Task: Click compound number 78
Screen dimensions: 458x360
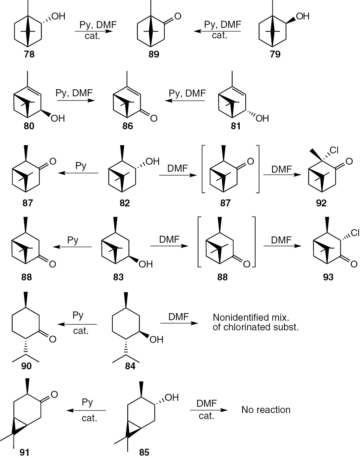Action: tap(29, 54)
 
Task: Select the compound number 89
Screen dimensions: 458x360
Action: tap(154, 54)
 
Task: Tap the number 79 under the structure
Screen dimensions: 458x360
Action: tap(275, 54)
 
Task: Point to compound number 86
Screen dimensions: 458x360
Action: tap(128, 126)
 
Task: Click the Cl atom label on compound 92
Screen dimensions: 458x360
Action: tap(334, 150)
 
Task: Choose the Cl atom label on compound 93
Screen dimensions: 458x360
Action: tap(355, 233)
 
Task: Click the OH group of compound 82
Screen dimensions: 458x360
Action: tap(152, 161)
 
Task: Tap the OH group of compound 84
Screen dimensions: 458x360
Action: tap(156, 339)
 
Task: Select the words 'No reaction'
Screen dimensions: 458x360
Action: tap(266, 410)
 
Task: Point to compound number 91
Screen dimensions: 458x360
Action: tap(25, 452)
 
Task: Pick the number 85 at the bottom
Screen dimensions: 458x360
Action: tap(144, 452)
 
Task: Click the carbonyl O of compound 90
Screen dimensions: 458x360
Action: tap(53, 339)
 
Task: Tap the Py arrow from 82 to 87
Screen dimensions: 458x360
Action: tap(78, 173)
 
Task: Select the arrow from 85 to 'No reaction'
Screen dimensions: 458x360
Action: tap(209, 410)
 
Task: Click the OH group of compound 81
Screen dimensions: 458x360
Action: tap(262, 118)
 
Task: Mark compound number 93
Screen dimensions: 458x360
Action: tap(328, 277)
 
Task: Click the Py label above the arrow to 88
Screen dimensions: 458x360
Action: tap(73, 240)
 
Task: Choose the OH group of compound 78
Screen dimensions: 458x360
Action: tap(59, 16)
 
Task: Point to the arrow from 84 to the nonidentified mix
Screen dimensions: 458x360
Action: tap(179, 323)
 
